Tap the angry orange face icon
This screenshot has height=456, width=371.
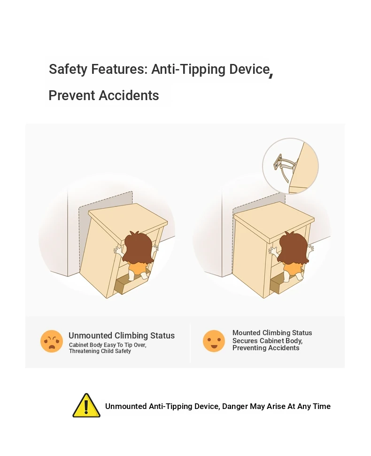point(52,341)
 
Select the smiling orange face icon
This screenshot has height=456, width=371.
point(214,341)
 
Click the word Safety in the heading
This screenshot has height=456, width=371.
point(68,70)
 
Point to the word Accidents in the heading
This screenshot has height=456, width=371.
point(129,95)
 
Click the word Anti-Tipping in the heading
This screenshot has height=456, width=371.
point(188,70)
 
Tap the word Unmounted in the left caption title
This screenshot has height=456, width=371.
point(90,336)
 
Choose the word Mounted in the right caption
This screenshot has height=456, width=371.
point(247,333)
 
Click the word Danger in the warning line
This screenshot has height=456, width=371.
point(234,406)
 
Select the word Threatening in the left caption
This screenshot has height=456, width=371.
point(84,351)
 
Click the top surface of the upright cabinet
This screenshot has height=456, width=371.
point(274,220)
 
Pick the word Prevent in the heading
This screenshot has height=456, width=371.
point(72,95)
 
